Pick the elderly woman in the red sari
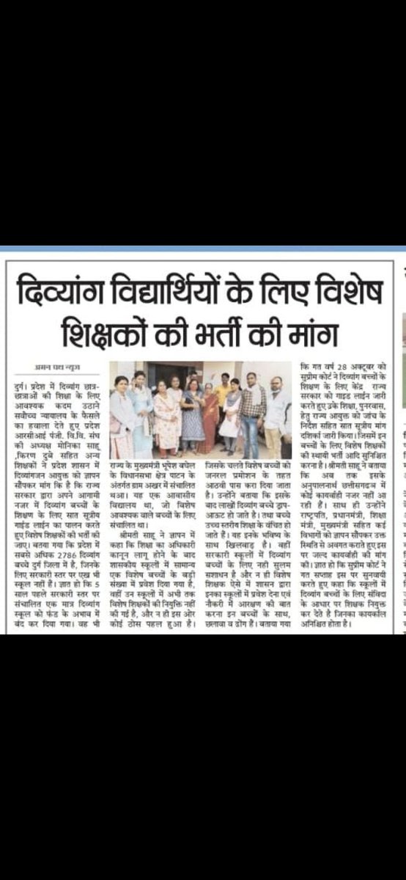pyautogui.click(x=210, y=418)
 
